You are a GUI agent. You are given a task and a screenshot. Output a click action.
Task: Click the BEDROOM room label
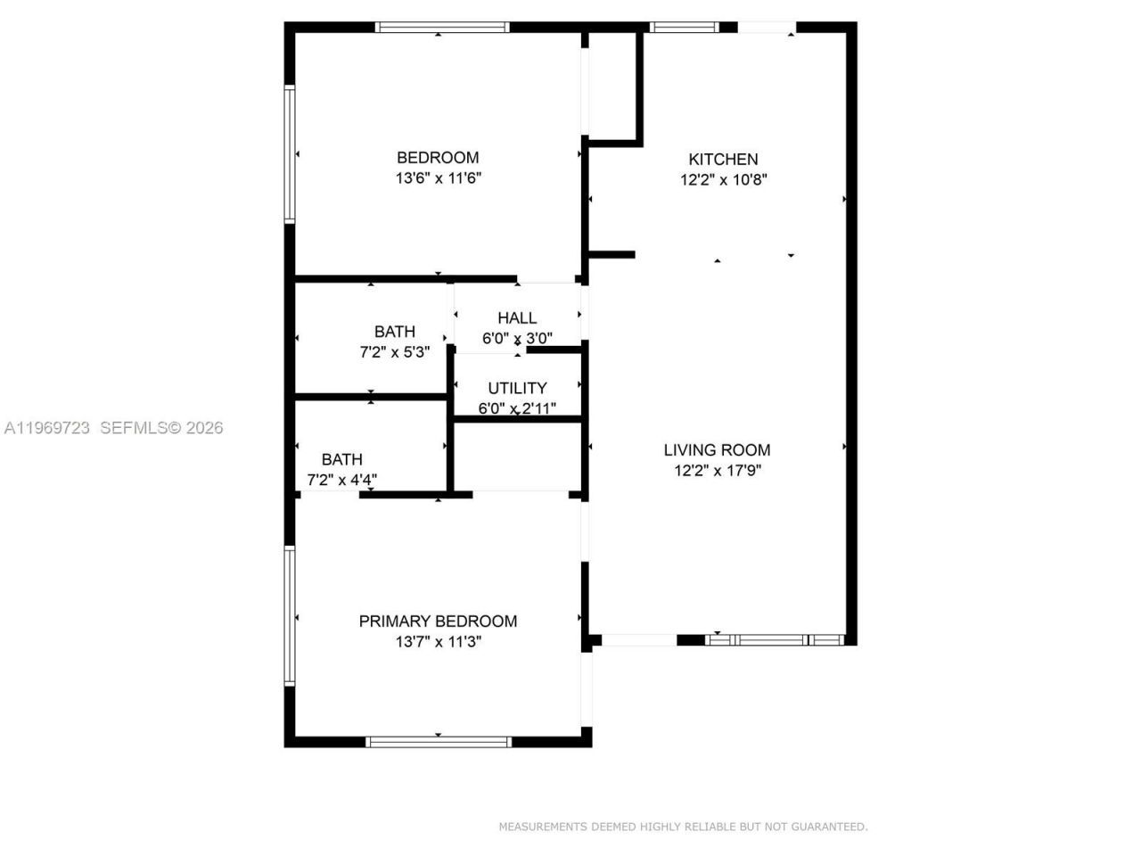(x=438, y=158)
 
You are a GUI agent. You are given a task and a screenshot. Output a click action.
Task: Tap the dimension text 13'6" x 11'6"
(x=439, y=178)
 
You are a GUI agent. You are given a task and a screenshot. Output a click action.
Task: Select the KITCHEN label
(x=723, y=160)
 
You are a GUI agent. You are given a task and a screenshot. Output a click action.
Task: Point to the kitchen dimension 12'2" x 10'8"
(x=724, y=179)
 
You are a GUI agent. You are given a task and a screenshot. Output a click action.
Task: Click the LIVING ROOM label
(x=717, y=450)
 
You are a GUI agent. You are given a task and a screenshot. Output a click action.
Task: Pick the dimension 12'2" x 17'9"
(x=718, y=470)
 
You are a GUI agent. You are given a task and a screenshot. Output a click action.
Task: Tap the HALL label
(x=517, y=318)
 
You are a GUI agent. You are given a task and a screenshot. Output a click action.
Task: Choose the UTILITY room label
(x=517, y=389)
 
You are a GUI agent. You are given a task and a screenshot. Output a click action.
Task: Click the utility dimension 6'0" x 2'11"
(x=517, y=408)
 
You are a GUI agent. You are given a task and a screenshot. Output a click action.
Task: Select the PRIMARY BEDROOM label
(x=438, y=621)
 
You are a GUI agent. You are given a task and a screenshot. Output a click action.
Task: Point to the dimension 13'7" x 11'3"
(x=439, y=641)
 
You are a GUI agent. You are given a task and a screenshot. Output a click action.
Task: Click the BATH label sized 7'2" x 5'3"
(x=395, y=332)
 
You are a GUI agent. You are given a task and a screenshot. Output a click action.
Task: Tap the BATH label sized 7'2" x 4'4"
(x=342, y=459)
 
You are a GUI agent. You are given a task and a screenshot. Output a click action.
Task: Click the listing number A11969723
(x=47, y=428)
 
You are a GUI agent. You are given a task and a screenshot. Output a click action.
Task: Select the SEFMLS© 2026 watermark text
(x=161, y=428)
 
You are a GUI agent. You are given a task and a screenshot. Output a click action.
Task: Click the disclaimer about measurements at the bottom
(x=683, y=827)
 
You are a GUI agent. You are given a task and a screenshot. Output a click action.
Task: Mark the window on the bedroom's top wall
(x=442, y=28)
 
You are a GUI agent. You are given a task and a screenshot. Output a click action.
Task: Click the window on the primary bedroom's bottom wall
(x=439, y=741)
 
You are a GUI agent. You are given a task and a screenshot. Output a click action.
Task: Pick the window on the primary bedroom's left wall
(x=290, y=615)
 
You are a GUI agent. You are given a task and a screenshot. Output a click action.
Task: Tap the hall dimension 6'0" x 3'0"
(x=517, y=339)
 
